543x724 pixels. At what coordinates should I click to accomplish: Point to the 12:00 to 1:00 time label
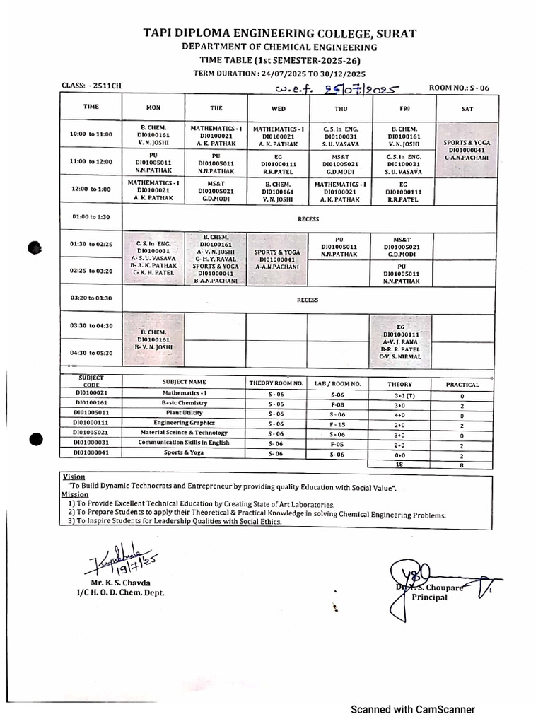[91, 189]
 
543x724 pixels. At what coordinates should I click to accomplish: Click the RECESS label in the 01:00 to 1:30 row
[308, 219]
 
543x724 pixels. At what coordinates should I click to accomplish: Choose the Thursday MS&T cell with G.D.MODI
[338, 162]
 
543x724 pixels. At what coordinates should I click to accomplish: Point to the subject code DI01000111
[91, 422]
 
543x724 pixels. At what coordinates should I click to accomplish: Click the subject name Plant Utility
[183, 412]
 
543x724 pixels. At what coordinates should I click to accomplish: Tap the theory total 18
[399, 465]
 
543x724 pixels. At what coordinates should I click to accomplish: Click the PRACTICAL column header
[462, 385]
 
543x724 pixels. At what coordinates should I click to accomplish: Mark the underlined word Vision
[74, 477]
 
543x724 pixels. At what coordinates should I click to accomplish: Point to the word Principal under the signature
[429, 597]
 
